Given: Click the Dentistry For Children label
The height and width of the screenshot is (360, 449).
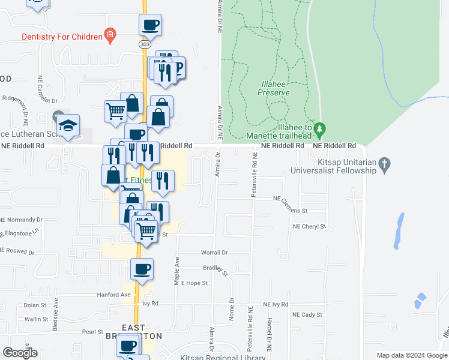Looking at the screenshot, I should point(62,37).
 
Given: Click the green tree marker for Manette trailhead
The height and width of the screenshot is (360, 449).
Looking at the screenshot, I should point(320,128).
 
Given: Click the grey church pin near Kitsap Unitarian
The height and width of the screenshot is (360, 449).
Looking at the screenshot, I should point(386,163).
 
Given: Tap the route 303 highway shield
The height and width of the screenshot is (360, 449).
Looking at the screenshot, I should point(144,44).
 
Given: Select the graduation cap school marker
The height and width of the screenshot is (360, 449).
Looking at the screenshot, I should point(68,126).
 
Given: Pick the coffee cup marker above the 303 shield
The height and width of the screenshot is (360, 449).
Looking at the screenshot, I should point(150,25).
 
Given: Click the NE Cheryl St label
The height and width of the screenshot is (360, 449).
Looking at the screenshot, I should point(309,227).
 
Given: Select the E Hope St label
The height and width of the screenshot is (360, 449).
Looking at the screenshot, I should point(194,283).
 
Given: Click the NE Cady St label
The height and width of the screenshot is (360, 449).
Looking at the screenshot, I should point(307,314).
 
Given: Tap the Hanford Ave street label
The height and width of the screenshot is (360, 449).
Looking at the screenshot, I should point(114,295).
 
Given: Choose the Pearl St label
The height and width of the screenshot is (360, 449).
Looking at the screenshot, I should point(93,331).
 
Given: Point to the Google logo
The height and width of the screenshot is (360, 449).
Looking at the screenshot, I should point(19,353).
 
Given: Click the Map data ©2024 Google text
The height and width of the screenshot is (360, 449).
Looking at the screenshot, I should point(411,355).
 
